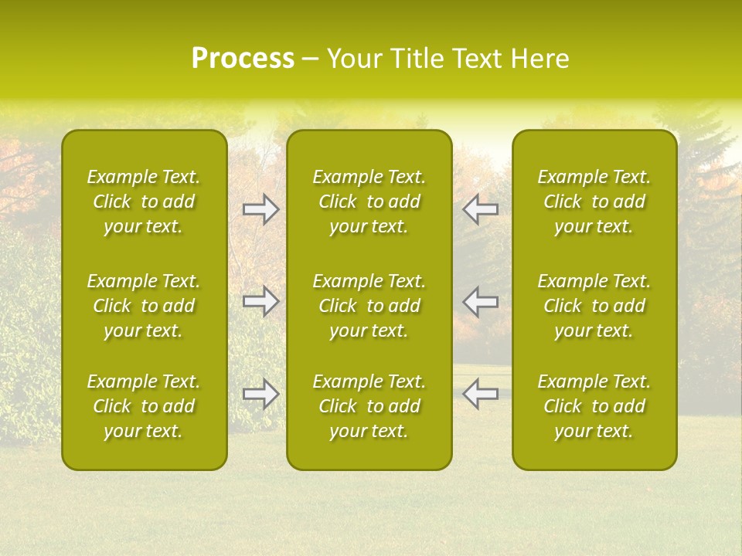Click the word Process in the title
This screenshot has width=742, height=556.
coord(243,59)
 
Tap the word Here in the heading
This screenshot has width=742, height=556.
coord(540,59)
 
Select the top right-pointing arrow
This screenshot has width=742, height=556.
coord(261,209)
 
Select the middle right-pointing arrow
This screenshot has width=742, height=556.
coord(261,301)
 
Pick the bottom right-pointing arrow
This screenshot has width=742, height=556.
coord(261,394)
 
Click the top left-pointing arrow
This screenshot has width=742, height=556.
coord(481,209)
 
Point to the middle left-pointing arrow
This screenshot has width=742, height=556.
coord(481,301)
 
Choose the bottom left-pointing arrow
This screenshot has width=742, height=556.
coord(481,394)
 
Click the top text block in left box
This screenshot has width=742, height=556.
coord(144,202)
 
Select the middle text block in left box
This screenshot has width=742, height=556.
coord(144,306)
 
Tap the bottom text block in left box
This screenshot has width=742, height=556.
coord(144,406)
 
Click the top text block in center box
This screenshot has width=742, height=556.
coord(369,202)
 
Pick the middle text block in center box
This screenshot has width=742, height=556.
coord(369,306)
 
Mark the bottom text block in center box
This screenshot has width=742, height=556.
coord(369,406)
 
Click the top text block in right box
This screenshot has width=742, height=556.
coord(594,202)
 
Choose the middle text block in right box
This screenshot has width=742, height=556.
coord(594,306)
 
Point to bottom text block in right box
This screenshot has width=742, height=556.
coord(594,406)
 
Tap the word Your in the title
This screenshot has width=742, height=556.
coord(354,59)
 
